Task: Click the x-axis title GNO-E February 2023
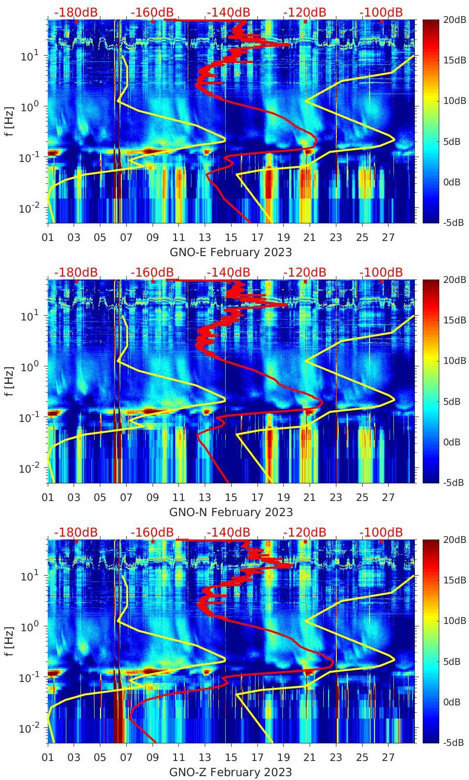(x=231, y=252)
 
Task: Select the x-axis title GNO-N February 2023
(x=231, y=512)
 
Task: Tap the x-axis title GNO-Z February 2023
(x=231, y=772)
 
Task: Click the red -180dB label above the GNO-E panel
(x=76, y=12)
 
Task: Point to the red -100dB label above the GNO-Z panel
(x=381, y=532)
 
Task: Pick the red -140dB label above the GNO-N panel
(x=228, y=272)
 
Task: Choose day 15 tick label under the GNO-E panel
(x=231, y=238)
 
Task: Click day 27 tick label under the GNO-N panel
(x=388, y=498)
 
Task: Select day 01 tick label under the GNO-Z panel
(x=48, y=758)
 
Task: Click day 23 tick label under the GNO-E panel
(x=336, y=238)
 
